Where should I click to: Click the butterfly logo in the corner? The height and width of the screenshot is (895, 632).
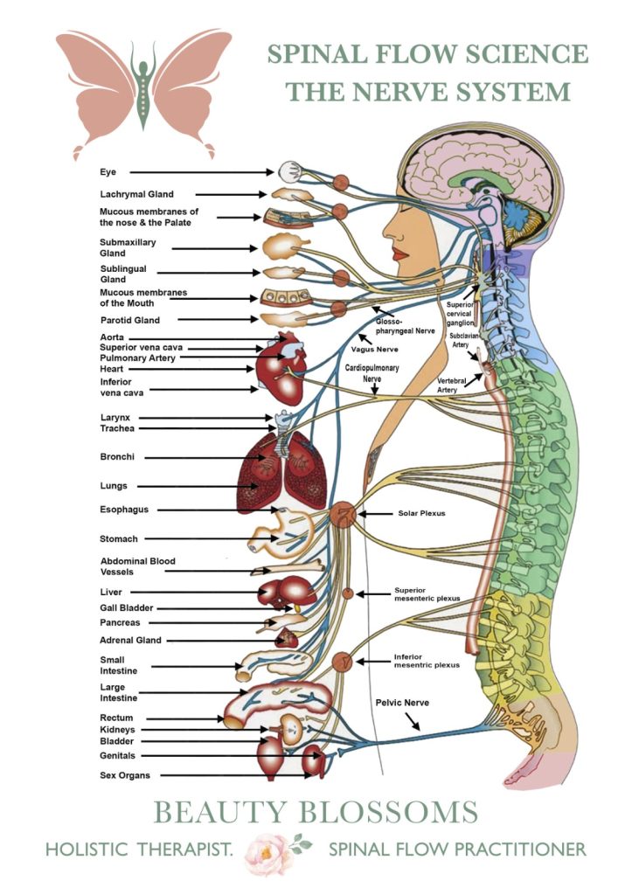tap(143, 92)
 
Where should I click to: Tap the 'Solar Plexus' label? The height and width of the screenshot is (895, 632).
tap(421, 513)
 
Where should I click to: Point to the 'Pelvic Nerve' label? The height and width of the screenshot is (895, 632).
tap(402, 702)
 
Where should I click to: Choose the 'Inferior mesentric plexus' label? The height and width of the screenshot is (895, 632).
tap(426, 660)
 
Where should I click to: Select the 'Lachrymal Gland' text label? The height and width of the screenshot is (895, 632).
tap(136, 194)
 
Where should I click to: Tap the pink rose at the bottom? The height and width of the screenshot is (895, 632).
tap(269, 849)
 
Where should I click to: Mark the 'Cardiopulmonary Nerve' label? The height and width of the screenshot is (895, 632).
tap(372, 373)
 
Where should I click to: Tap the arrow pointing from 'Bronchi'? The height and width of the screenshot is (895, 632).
tap(199, 457)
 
